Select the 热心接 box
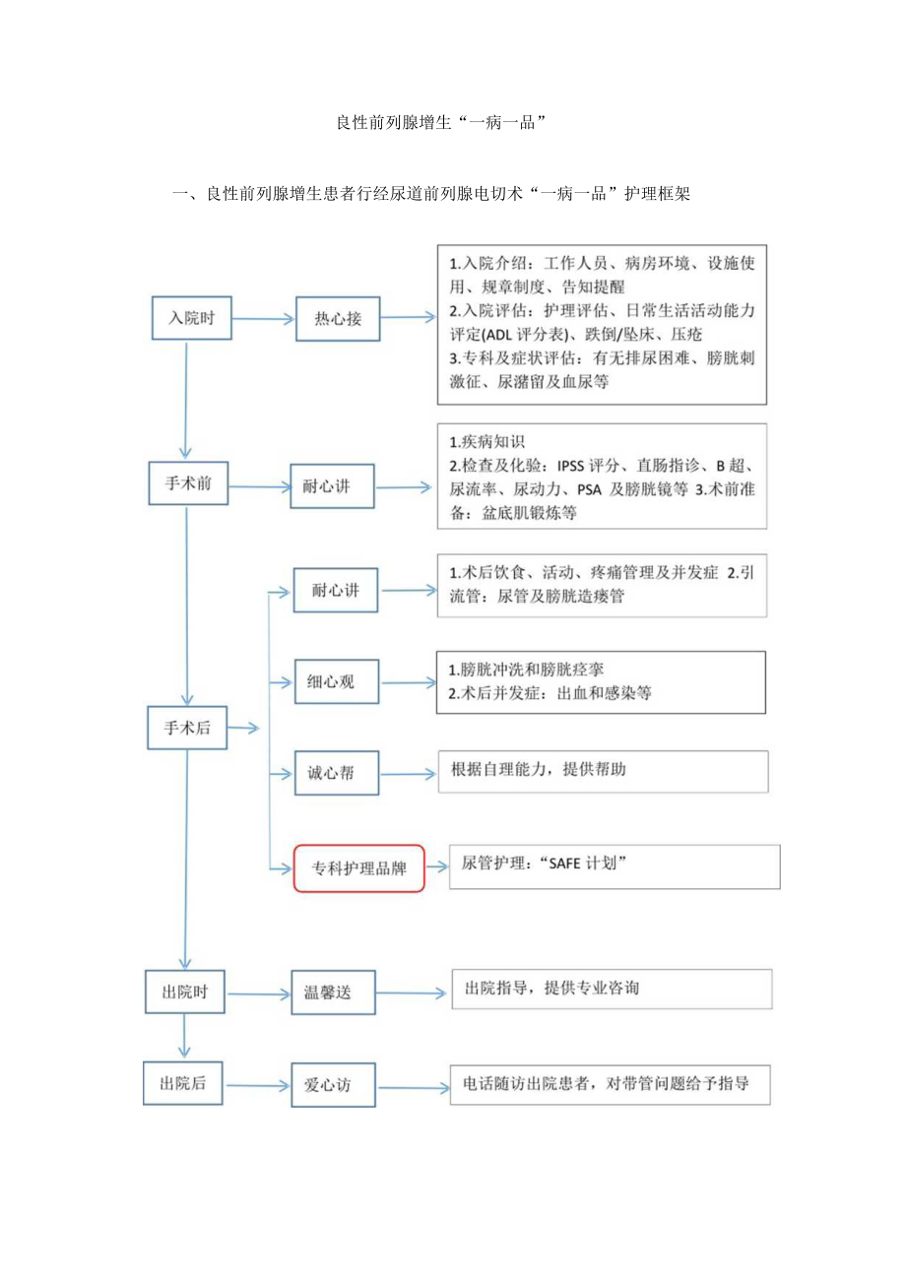click(x=338, y=319)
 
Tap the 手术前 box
click(x=188, y=484)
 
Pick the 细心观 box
click(x=337, y=681)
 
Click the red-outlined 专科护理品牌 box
click(x=359, y=868)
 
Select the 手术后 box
click(x=187, y=729)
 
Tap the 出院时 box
click(x=186, y=991)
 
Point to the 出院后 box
click(x=184, y=1083)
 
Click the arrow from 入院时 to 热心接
click(x=257, y=319)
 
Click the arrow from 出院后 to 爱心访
click(x=258, y=1085)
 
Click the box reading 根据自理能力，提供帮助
click(x=603, y=770)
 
